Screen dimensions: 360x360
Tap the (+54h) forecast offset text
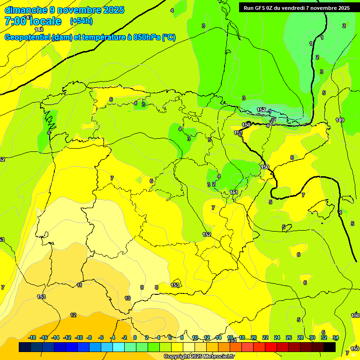click(x=81, y=21)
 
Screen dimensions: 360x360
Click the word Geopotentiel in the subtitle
click(x=27, y=37)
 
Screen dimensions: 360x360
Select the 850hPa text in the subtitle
click(x=147, y=37)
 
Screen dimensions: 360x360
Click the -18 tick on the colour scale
click(x=32, y=337)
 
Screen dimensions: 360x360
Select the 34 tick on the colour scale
click(x=336, y=337)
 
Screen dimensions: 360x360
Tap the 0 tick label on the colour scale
click(x=135, y=337)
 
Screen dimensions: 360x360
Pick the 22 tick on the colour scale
click(x=265, y=337)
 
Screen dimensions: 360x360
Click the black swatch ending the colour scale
click(x=330, y=347)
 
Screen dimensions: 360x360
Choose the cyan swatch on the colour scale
click(x=118, y=347)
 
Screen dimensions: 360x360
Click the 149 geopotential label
click(x=340, y=120)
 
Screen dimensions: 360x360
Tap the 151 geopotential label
click(x=234, y=192)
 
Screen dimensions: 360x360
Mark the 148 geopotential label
click(x=39, y=30)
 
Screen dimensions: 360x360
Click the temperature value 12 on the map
click(x=73, y=315)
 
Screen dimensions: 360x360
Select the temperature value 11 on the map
click(x=80, y=285)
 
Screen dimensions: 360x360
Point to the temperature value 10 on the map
click(x=127, y=298)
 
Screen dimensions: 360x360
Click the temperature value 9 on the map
click(x=142, y=287)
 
